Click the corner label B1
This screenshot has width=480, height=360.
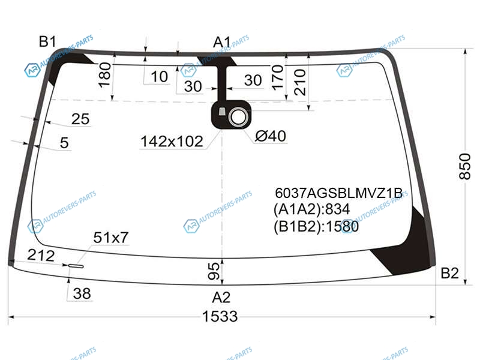coord(47,41)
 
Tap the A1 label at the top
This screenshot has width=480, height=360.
coord(222,42)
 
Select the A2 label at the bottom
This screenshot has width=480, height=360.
coord(221,297)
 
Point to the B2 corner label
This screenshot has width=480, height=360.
coord(449,273)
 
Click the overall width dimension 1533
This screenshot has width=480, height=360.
coord(220,316)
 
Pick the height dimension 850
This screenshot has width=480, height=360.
coord(464,166)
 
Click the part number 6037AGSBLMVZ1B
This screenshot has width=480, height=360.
coord(338,193)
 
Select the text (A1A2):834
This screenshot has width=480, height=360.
coord(311,209)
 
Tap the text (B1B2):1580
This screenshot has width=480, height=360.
coord(316,227)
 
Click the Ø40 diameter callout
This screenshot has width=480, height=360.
coord(271,136)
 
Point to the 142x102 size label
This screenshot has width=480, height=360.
coord(172,142)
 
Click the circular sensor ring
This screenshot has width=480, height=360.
coord(238,117)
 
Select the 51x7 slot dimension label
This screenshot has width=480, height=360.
coord(111,237)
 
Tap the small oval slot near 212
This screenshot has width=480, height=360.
coord(76,266)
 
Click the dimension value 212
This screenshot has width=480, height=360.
coord(41,255)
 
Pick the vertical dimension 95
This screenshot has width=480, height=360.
coord(214,271)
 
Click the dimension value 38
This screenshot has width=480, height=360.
coord(82,293)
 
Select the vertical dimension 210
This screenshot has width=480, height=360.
coord(299,82)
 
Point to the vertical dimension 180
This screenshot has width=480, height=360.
coord(104,76)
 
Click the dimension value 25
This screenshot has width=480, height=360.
coord(80,119)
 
